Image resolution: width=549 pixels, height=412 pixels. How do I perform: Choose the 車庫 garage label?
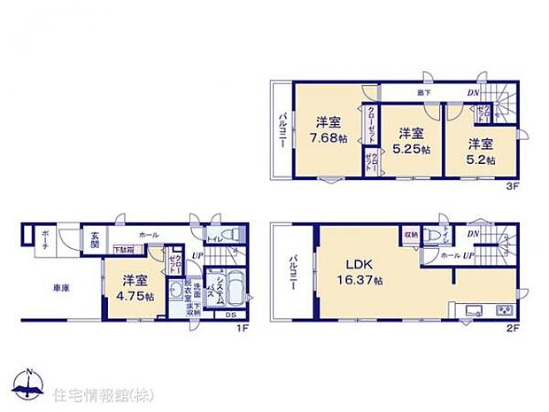point(61,286)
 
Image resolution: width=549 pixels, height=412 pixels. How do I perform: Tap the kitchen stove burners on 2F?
point(504,310)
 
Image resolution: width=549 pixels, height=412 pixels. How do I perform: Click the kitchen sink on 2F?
point(469,310)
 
